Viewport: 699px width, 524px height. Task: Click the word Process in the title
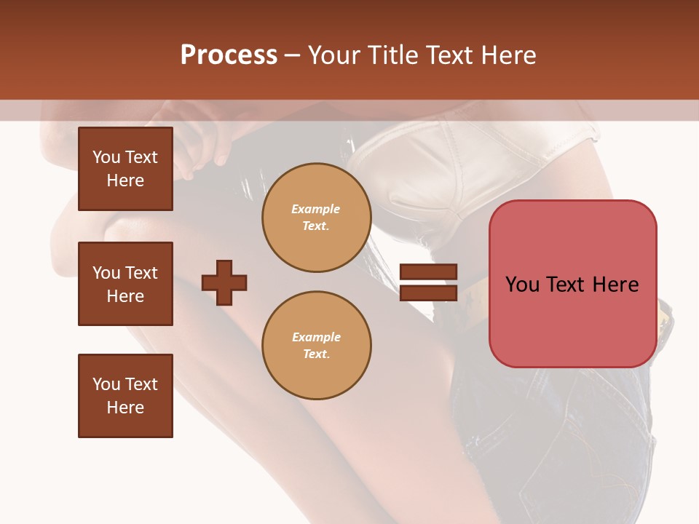[229, 55]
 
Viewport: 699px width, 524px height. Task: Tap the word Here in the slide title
[506, 55]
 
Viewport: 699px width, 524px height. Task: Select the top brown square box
[125, 169]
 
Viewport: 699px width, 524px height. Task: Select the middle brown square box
[125, 284]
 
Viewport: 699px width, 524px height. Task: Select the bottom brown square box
[125, 396]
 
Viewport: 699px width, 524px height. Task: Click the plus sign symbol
[224, 282]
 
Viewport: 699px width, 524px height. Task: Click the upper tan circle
[317, 218]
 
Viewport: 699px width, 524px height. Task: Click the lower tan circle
[317, 346]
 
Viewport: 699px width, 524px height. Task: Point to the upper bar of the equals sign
[428, 271]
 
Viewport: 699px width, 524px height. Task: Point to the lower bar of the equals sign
[428, 293]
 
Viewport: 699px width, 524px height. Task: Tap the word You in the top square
[106, 157]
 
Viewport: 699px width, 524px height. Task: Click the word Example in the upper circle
[316, 209]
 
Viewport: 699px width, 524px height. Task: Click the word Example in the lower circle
[316, 337]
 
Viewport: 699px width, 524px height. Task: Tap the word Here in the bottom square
[125, 408]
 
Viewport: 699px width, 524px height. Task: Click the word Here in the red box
[615, 285]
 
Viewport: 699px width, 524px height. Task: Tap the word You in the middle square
[106, 273]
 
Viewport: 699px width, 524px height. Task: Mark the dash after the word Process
[293, 56]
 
